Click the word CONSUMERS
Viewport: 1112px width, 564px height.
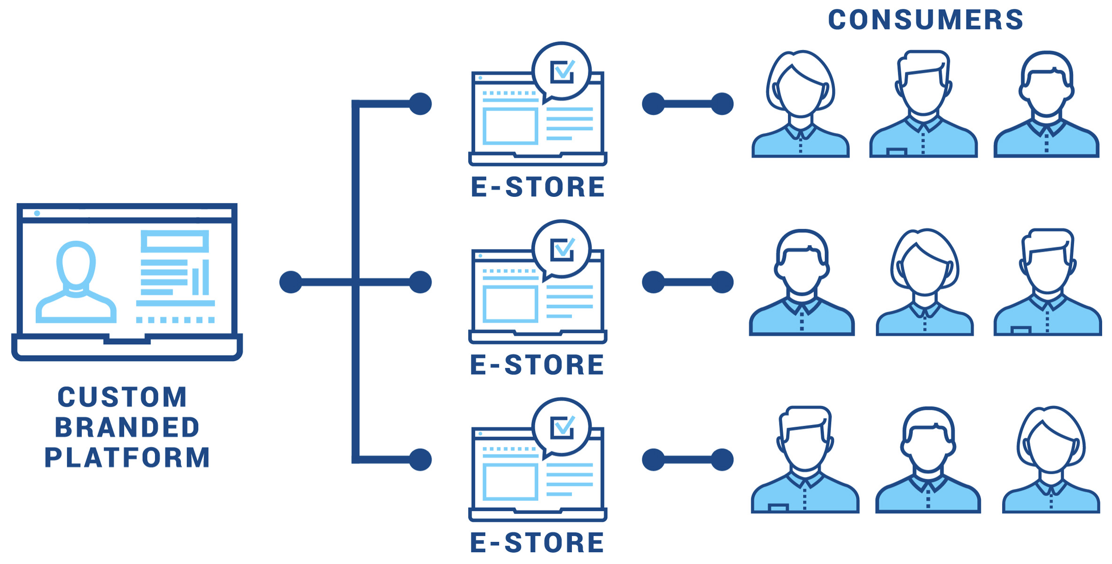click(925, 20)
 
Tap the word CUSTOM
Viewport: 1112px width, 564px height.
click(122, 397)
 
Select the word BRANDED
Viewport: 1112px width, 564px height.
click(127, 427)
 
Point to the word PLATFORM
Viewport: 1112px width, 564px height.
click(127, 457)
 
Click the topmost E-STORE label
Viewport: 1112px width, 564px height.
click(538, 187)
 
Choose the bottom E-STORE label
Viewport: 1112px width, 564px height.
click(537, 542)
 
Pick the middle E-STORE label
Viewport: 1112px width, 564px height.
click(537, 365)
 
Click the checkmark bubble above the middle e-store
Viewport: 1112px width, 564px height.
click(561, 250)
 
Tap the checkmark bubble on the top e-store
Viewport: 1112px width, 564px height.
click(561, 72)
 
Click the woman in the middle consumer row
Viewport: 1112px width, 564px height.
click(925, 282)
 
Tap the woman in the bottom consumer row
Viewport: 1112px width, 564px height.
click(1051, 460)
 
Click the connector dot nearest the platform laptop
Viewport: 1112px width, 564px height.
click(291, 282)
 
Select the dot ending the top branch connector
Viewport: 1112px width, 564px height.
click(420, 104)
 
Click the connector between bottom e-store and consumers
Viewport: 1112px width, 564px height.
click(687, 460)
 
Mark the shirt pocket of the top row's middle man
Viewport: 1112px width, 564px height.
click(896, 152)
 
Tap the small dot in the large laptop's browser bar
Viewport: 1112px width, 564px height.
click(37, 213)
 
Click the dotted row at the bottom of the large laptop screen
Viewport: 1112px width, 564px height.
click(175, 320)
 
